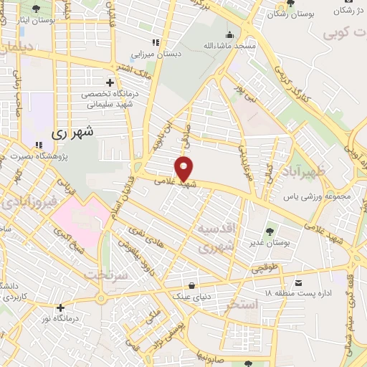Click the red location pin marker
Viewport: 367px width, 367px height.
click(x=184, y=168)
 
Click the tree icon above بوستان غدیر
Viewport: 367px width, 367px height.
click(x=269, y=232)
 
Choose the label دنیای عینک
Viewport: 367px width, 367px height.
click(x=191, y=294)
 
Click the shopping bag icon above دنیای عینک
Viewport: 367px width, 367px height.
click(x=191, y=282)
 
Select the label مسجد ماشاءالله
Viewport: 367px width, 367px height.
click(x=229, y=46)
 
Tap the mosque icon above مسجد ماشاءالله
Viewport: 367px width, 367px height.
click(x=229, y=34)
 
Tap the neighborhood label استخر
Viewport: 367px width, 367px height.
click(x=241, y=306)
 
